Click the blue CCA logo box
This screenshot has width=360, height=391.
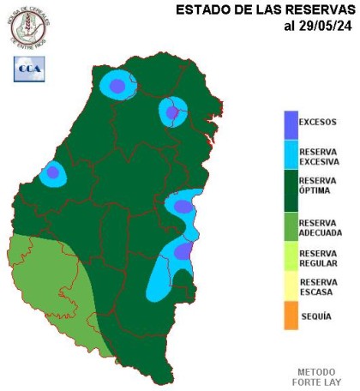(29, 69)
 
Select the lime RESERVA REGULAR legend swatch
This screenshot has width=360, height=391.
(291, 258)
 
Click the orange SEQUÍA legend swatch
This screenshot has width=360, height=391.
(291, 316)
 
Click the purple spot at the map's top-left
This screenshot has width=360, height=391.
(116, 85)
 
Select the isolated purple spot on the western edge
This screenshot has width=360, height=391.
(53, 172)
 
